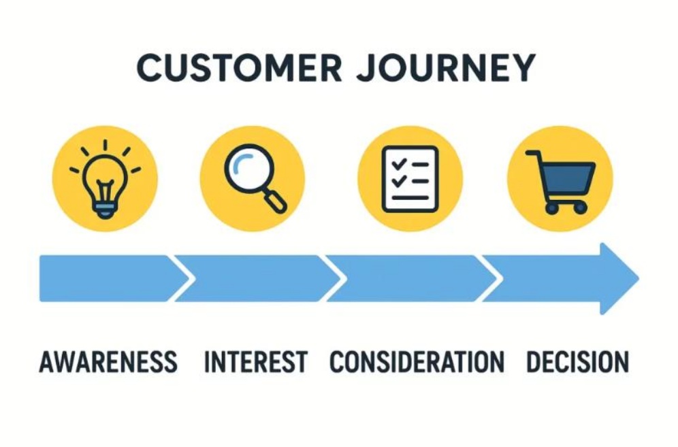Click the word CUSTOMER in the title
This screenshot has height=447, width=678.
(x=240, y=67)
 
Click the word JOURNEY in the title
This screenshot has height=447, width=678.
(x=447, y=67)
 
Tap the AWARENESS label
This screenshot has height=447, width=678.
(x=108, y=362)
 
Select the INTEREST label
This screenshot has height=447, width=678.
(x=255, y=362)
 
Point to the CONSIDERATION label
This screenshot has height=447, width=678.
(x=417, y=362)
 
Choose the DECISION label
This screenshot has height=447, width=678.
(x=577, y=362)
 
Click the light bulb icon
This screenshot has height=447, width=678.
(x=105, y=179)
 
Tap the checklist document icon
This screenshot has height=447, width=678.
(x=410, y=179)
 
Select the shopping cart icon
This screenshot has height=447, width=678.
(x=561, y=182)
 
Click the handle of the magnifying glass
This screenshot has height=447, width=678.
(x=275, y=201)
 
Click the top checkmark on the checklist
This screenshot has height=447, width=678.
(x=398, y=164)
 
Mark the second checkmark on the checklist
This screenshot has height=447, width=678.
(x=398, y=180)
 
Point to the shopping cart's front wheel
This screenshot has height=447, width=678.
(x=580, y=208)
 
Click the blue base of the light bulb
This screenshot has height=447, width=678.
(x=105, y=211)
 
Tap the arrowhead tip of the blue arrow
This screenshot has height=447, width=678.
(x=639, y=279)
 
